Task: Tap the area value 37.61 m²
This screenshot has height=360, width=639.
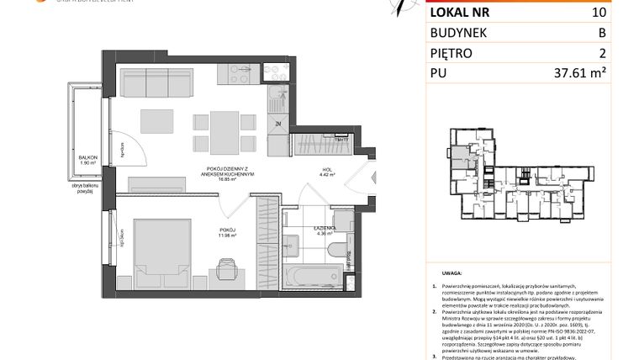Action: coord(581,73)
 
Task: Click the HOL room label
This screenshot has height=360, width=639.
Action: coord(328,170)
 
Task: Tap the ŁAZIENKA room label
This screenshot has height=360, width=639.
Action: coord(326,227)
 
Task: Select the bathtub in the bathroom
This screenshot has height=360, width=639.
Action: coord(312,276)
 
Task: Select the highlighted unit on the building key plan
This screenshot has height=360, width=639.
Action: coord(458,155)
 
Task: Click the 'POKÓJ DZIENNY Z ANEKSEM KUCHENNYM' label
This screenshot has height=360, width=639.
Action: coord(222,171)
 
